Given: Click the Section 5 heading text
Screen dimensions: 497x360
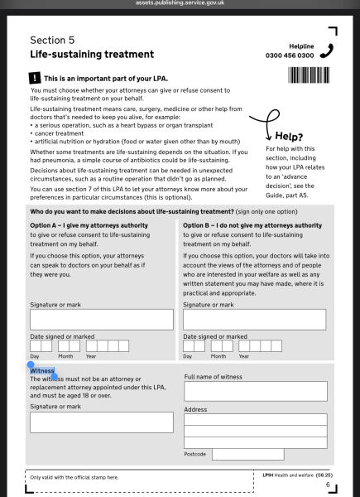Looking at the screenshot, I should [x=53, y=40].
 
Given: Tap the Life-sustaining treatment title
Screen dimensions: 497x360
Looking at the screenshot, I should [x=92, y=55].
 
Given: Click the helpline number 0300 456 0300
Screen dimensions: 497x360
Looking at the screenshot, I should [x=289, y=55].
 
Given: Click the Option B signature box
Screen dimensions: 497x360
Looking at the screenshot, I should [x=254, y=320].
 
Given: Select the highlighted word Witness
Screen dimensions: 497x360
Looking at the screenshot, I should [x=43, y=371].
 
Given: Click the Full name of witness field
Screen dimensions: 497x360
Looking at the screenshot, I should [x=256, y=392].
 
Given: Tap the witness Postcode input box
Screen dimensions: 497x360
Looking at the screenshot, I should [x=247, y=454].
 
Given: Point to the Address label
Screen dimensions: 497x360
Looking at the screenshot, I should [x=195, y=409].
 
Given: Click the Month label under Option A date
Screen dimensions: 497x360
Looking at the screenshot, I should [x=65, y=356].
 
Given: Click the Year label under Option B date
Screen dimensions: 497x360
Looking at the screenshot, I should [x=244, y=356].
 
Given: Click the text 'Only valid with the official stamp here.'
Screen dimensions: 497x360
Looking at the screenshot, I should [x=74, y=477].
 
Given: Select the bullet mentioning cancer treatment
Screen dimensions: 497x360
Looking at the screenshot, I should [x=60, y=133].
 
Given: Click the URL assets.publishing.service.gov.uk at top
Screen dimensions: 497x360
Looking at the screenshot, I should [x=180, y=4].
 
